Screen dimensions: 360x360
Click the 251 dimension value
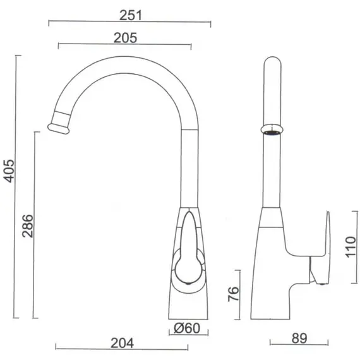click(131, 15)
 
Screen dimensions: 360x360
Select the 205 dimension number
click(125, 38)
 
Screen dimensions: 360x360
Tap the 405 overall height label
click(9, 171)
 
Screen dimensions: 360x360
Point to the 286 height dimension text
click(28, 226)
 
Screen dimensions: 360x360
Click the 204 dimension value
click(122, 344)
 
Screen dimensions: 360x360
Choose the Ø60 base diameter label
click(187, 328)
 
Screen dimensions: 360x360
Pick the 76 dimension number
click(233, 294)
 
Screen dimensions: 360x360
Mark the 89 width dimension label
click(299, 338)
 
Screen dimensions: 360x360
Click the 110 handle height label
click(351, 247)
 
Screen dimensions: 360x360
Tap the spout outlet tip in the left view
click(58, 129)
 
